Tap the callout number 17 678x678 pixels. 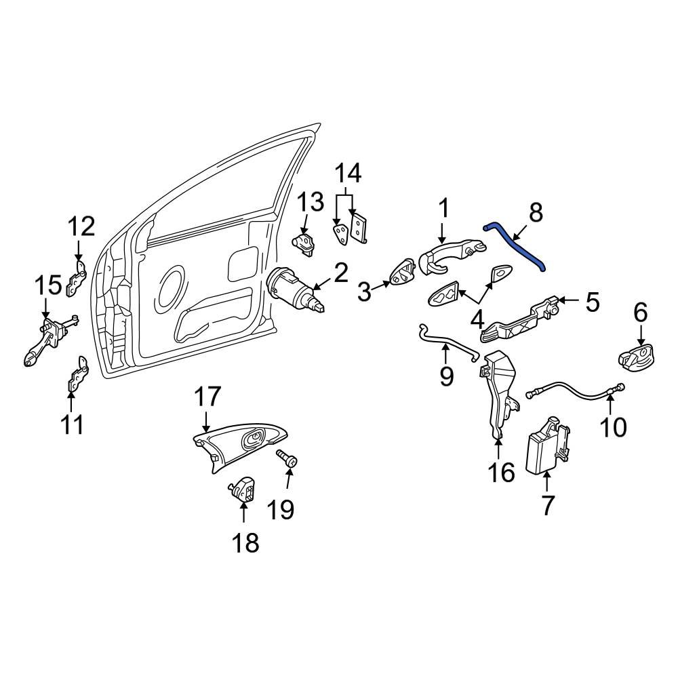click(x=208, y=396)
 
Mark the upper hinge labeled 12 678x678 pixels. click(x=76, y=277)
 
